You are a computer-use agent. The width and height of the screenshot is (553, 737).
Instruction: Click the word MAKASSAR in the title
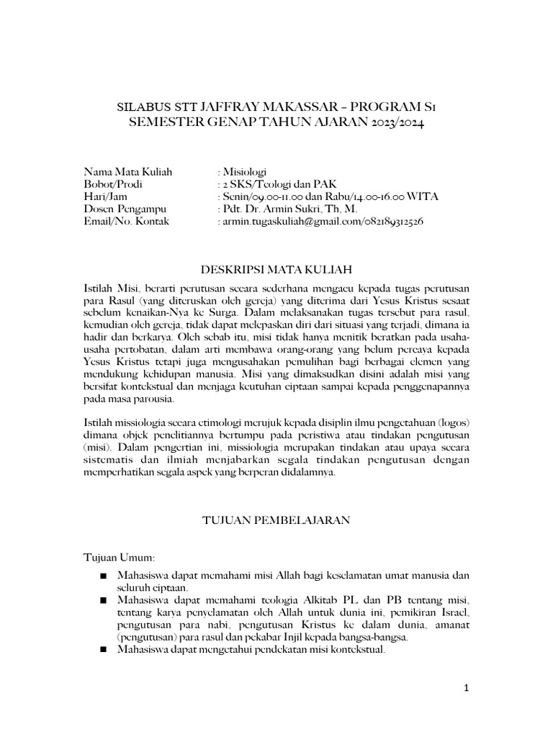click(x=271, y=108)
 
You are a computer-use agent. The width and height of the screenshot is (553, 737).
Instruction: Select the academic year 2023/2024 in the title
click(x=395, y=122)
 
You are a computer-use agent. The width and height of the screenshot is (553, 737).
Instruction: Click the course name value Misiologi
click(x=245, y=172)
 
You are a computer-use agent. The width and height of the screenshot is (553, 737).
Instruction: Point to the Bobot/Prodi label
click(x=113, y=184)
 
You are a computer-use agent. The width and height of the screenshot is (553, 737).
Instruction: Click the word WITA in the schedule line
click(x=423, y=196)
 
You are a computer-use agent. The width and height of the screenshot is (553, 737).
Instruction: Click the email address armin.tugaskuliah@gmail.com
click(x=290, y=221)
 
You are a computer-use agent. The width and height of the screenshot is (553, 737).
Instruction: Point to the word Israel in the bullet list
click(x=453, y=612)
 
